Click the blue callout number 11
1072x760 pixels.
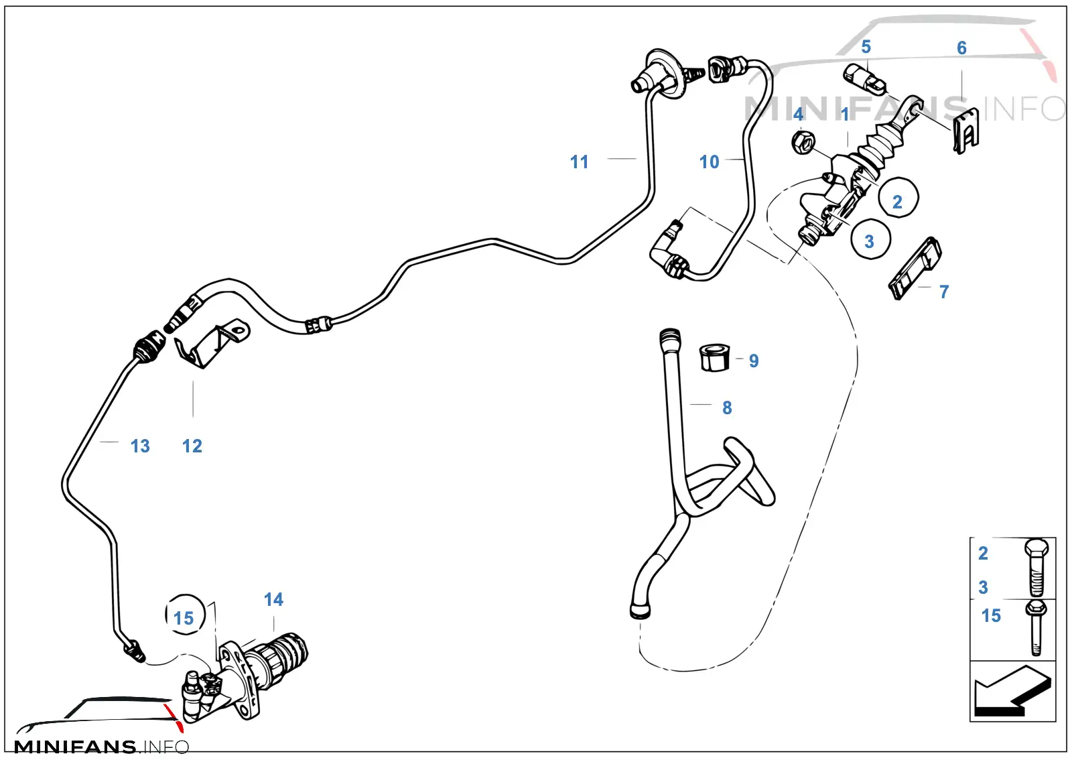pos(579,162)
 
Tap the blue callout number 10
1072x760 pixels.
pos(710,162)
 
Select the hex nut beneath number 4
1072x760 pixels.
pos(803,142)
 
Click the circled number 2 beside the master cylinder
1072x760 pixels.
pos(898,197)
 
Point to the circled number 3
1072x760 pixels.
pos(870,239)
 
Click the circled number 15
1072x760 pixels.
pos(185,615)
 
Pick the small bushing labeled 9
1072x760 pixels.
pos(715,357)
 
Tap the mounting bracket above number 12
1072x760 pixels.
pos(212,344)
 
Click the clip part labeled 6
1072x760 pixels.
pos(966,131)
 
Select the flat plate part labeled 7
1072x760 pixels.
pos(915,269)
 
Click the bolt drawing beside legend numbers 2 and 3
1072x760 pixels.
pos(1036,567)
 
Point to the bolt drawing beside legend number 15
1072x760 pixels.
pos(1036,628)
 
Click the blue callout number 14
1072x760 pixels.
pos(274,599)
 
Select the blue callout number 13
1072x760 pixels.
pos(140,446)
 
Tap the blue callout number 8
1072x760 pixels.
pos(727,407)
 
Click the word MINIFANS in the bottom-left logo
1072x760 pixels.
pos(75,747)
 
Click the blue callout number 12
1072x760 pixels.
pos(192,446)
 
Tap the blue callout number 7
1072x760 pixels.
pos(944,292)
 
